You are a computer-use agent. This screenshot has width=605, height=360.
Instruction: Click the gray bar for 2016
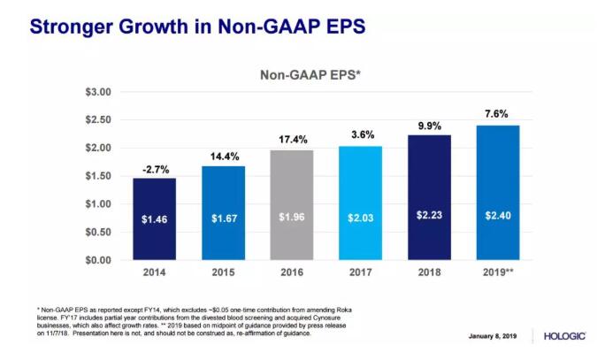tap(291, 204)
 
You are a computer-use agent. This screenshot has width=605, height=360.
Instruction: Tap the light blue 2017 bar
tap(359, 203)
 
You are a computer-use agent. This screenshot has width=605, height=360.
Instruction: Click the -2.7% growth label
tap(155, 167)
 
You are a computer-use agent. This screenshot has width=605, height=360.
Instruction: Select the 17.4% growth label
tap(291, 139)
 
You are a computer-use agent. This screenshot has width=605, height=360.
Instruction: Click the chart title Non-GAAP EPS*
tap(310, 75)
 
